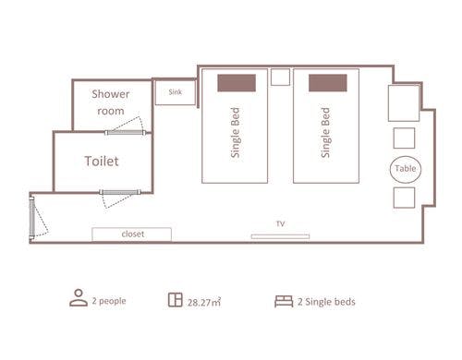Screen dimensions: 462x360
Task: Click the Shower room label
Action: pyautogui.click(x=111, y=102)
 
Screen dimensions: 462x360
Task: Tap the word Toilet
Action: pyautogui.click(x=102, y=161)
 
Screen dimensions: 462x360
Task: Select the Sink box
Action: pyautogui.click(x=176, y=92)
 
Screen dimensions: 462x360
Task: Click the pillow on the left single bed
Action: pyautogui.click(x=237, y=83)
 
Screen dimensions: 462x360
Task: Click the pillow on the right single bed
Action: pyautogui.click(x=328, y=83)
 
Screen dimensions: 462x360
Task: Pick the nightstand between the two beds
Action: pyautogui.click(x=280, y=77)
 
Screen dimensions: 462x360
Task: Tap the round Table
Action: pyautogui.click(x=406, y=169)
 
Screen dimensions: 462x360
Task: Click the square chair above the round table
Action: pyautogui.click(x=404, y=138)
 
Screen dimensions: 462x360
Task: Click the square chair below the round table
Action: pyautogui.click(x=404, y=198)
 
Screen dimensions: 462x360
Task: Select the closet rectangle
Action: pyautogui.click(x=131, y=234)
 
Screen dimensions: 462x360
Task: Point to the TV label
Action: pyautogui.click(x=280, y=223)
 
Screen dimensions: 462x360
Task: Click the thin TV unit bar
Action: pyautogui.click(x=280, y=236)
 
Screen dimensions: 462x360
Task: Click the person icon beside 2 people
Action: pyautogui.click(x=79, y=298)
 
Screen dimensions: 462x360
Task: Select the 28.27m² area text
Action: pyautogui.click(x=204, y=302)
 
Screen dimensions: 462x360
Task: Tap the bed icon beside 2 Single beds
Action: pyautogui.click(x=284, y=301)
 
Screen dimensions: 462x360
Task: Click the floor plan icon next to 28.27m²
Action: pyautogui.click(x=176, y=300)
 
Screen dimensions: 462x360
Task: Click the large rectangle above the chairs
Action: pyautogui.click(x=404, y=103)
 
